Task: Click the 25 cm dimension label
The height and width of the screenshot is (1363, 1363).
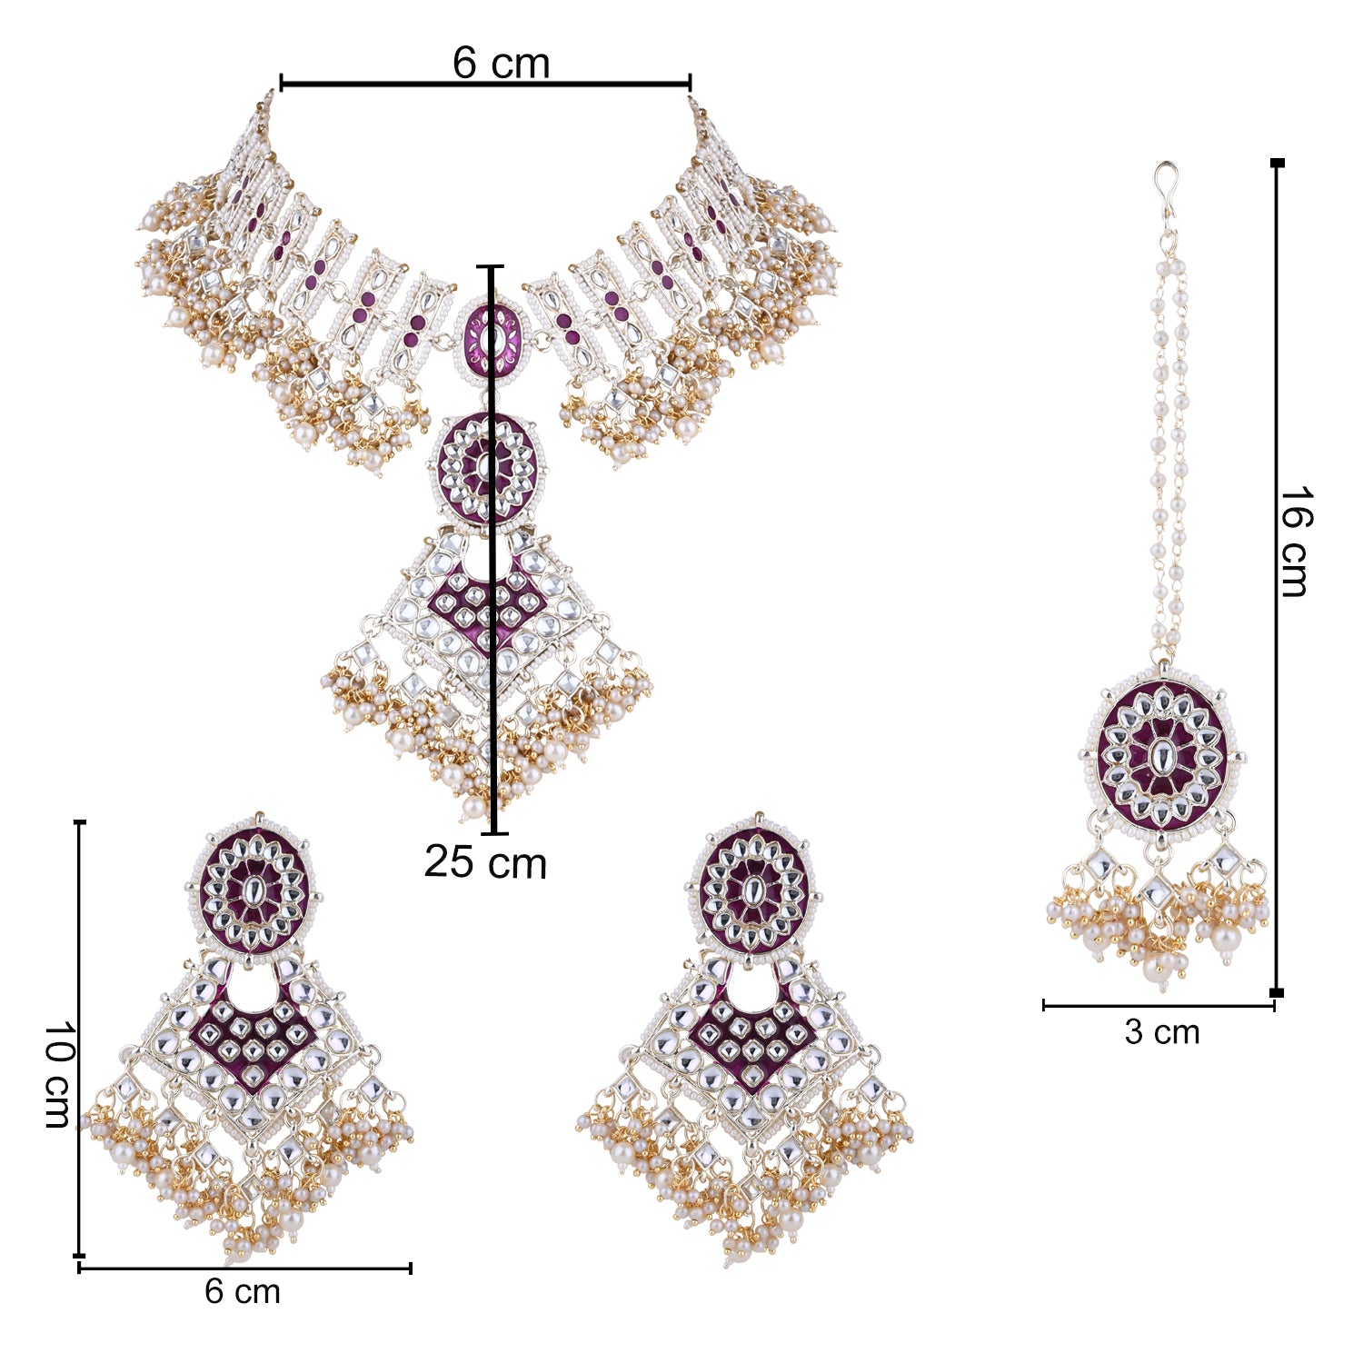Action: (x=485, y=861)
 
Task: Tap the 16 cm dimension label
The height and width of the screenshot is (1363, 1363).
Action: (x=1293, y=542)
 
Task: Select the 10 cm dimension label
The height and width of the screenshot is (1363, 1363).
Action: (x=59, y=1074)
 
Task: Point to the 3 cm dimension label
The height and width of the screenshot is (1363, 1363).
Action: (x=1161, y=1032)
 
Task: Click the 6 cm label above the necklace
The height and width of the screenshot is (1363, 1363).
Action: (x=501, y=63)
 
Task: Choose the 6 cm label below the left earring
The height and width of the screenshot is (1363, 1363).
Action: (x=243, y=1291)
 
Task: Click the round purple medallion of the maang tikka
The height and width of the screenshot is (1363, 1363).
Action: (x=1162, y=755)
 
